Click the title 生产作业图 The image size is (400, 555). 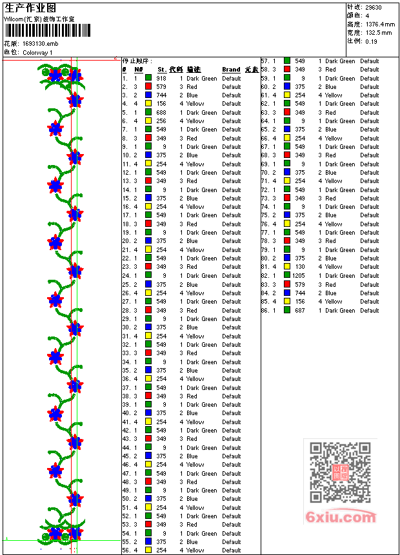click(30, 8)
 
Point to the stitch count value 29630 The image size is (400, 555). click(374, 7)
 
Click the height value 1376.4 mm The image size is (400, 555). click(381, 24)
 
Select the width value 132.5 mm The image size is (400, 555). click(379, 32)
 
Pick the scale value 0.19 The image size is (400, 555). click(371, 41)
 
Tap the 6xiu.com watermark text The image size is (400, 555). click(341, 517)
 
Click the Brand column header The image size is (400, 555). click(231, 70)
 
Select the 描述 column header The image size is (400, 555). click(194, 70)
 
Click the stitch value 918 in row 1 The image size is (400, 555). click(161, 78)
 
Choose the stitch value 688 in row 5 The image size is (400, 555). click(161, 112)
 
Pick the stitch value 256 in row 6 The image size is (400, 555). click(161, 121)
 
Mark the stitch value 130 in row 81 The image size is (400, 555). click(300, 267)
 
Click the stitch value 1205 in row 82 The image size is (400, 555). click(298, 276)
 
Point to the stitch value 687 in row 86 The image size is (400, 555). click(300, 310)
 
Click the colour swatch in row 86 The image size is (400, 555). click(286, 310)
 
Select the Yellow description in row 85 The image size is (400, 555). click(334, 302)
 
